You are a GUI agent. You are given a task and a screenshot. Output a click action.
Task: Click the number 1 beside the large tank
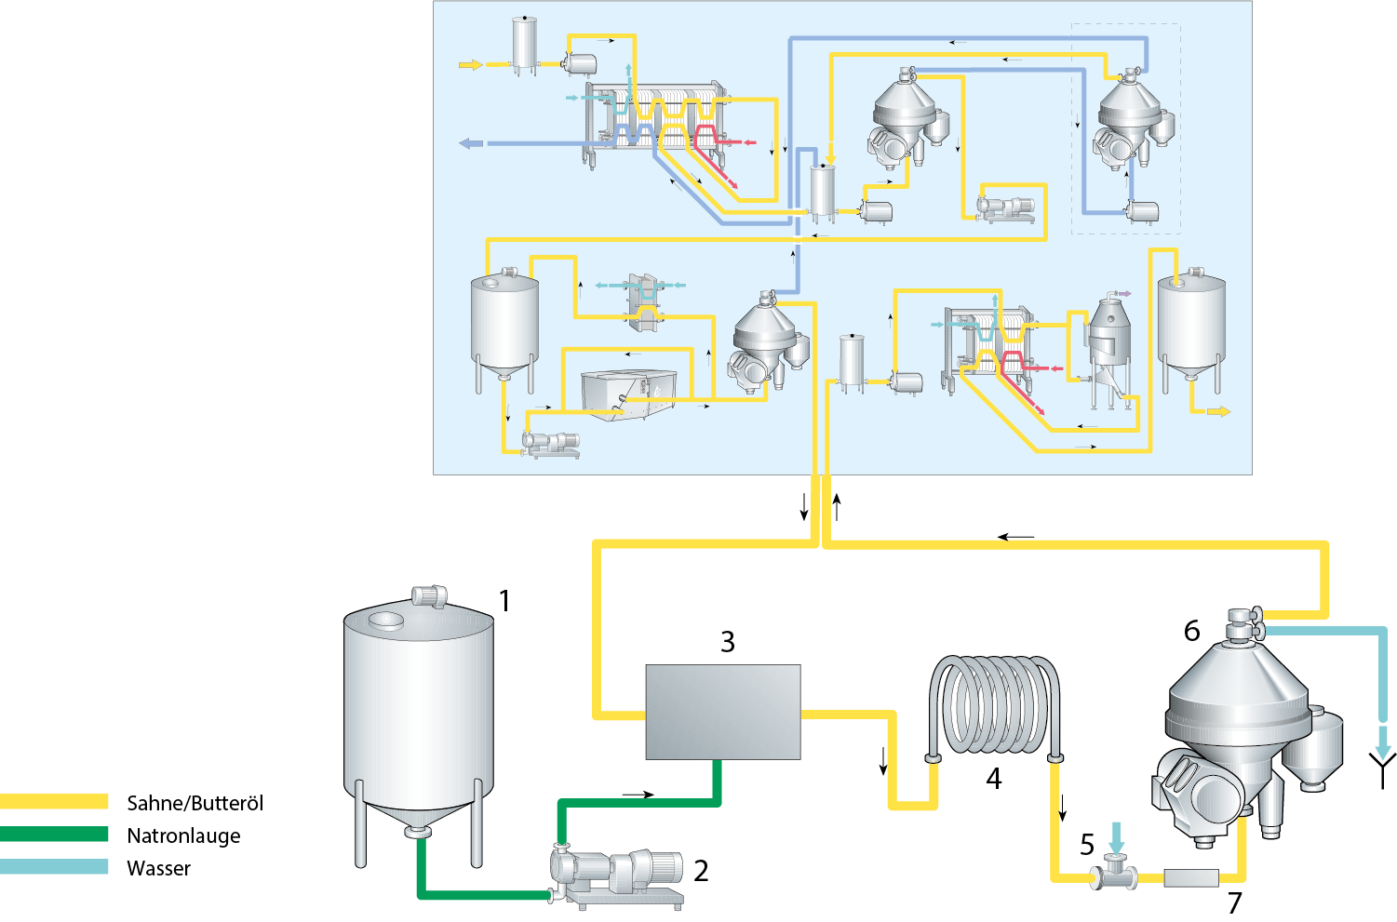(x=504, y=601)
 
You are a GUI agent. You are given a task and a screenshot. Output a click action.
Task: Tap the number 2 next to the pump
(x=701, y=871)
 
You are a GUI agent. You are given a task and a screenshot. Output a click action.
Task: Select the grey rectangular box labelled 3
(x=723, y=712)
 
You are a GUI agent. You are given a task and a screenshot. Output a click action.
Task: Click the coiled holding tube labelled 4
(x=994, y=707)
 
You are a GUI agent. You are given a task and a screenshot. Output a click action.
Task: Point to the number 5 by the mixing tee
(x=1087, y=845)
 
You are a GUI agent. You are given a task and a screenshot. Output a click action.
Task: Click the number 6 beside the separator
(x=1192, y=631)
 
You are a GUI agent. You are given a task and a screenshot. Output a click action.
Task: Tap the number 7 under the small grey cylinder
(x=1235, y=902)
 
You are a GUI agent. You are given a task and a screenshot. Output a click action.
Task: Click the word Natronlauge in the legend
(x=183, y=835)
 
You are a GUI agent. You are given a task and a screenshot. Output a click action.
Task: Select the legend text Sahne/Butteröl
(x=195, y=803)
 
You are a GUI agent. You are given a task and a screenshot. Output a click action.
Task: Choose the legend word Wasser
(x=158, y=868)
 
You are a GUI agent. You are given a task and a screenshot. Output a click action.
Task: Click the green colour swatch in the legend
(x=54, y=835)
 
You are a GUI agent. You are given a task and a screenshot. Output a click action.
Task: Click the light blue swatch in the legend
(x=54, y=867)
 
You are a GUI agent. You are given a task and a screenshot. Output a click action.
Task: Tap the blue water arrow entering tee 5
(x=1116, y=836)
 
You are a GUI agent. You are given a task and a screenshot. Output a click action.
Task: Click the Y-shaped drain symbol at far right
(x=1383, y=768)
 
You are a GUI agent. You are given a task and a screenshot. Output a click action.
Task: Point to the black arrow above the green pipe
(x=638, y=795)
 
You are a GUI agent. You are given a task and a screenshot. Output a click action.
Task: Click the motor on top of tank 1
(x=428, y=595)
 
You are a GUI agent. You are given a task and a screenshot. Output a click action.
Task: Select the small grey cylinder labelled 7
(x=1190, y=877)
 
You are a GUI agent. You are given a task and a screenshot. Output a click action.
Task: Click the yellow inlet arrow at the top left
(x=471, y=64)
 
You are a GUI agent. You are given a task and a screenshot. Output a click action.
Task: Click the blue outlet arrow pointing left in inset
(x=472, y=143)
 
